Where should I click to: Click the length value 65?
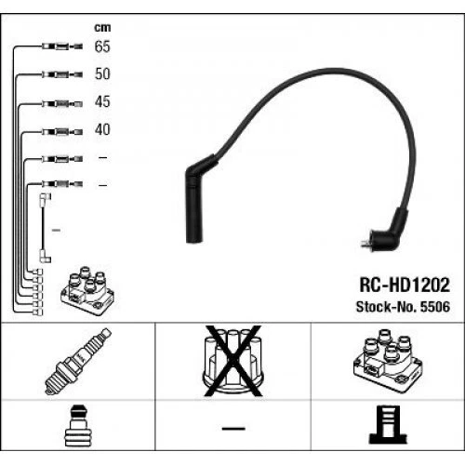click(x=102, y=46)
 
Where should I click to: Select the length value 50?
click(x=102, y=73)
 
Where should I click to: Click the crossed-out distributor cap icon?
click(x=230, y=362)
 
